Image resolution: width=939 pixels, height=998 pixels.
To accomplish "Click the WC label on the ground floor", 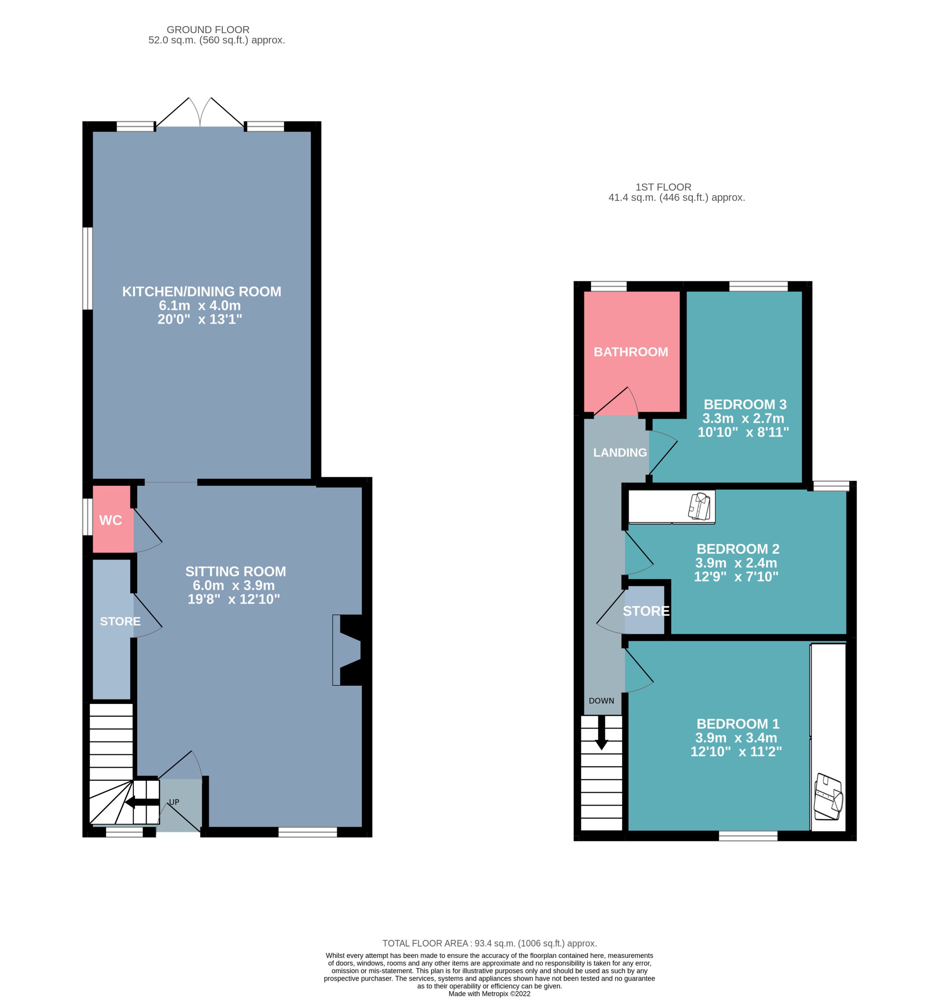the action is point(110,520).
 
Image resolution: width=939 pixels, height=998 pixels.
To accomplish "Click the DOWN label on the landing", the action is point(602,700).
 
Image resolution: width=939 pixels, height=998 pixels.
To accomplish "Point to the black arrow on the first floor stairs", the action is point(602,732).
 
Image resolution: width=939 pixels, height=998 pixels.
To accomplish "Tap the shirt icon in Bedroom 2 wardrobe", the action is point(700,506).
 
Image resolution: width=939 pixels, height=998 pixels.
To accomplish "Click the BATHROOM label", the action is point(631,352).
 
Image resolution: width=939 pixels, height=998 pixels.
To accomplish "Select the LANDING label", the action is point(620,453).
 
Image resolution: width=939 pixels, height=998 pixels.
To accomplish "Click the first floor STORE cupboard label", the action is point(646,611).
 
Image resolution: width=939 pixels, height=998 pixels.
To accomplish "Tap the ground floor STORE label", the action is point(120,621).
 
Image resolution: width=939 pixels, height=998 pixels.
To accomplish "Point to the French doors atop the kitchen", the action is point(200,112).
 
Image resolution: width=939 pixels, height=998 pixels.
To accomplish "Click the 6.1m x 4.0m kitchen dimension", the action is point(200,305).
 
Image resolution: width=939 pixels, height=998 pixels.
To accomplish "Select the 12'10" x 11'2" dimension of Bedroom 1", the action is point(736,752).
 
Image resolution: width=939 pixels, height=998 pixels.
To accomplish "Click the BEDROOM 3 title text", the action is point(745,404).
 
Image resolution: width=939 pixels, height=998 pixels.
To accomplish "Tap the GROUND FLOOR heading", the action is point(208,30).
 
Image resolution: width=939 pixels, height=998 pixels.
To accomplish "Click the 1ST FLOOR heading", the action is point(663,187).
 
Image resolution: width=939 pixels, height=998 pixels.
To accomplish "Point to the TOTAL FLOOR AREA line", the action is point(489,943).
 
